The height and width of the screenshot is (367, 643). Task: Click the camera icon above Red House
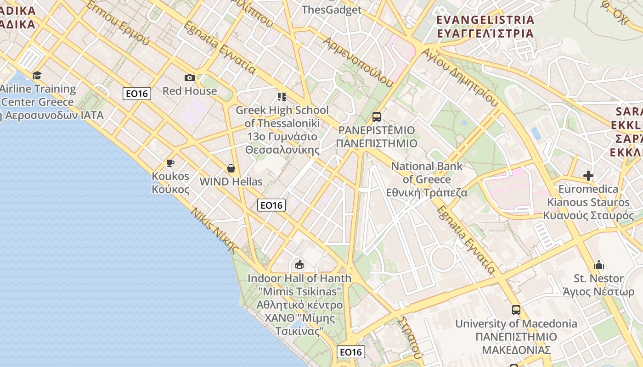(x=189, y=78)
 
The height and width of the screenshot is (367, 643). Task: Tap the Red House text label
(x=189, y=91)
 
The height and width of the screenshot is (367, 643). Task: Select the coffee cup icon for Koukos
(x=170, y=163)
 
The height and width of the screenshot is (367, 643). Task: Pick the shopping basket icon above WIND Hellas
(x=231, y=168)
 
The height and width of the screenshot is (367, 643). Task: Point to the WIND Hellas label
(x=231, y=181)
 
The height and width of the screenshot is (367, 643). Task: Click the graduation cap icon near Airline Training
(x=37, y=75)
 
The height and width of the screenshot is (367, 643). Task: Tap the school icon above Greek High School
(x=282, y=97)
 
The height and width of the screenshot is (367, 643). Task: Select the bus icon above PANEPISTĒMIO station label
(x=377, y=117)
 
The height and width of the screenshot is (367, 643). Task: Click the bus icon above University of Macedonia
(x=516, y=310)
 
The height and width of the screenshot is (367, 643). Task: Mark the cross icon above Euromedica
(x=588, y=176)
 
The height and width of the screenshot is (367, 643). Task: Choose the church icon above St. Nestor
(x=599, y=265)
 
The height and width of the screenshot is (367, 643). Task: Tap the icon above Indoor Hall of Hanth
(x=299, y=264)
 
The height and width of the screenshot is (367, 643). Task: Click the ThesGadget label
(x=332, y=10)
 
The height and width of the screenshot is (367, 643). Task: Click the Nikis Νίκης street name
(x=214, y=231)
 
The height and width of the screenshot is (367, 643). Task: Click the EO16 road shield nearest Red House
(x=137, y=94)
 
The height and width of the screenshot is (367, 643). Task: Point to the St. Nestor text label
(x=599, y=278)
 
